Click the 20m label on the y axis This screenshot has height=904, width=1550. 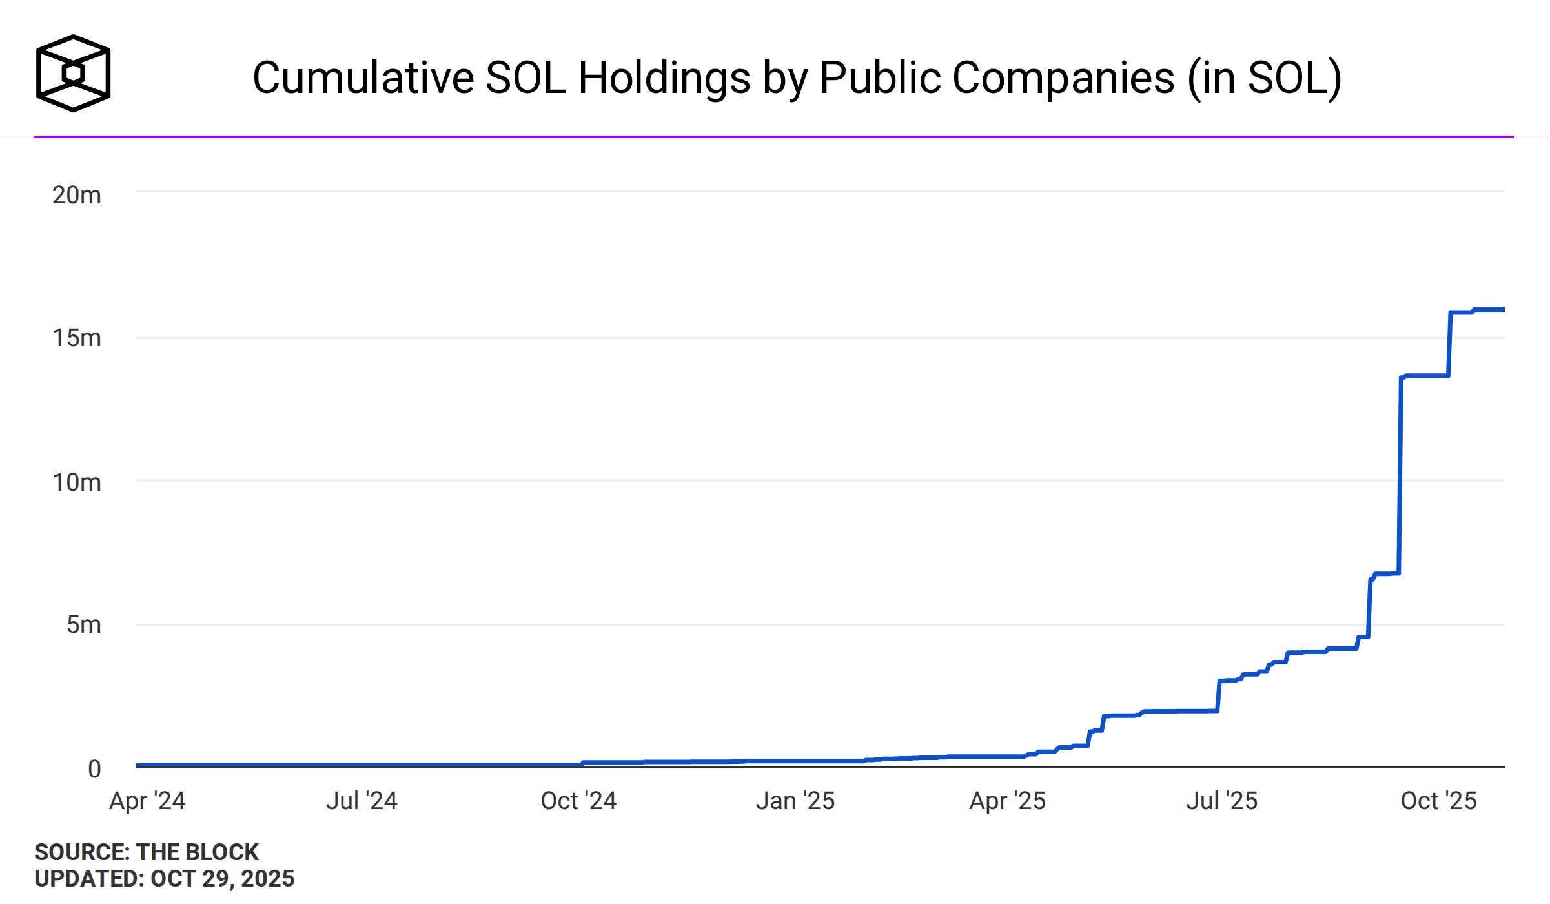point(76,195)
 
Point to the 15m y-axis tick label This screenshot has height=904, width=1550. point(76,338)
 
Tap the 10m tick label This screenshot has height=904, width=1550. point(76,482)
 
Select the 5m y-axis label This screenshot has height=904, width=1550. point(83,624)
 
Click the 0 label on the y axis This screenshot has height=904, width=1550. point(94,769)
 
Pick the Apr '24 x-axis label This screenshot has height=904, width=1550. point(147,801)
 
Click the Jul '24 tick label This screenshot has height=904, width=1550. point(362,801)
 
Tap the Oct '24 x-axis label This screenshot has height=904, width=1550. point(578,801)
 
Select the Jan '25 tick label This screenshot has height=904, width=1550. point(795,801)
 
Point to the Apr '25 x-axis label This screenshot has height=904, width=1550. point(1007,801)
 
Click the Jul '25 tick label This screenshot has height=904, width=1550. point(1221,801)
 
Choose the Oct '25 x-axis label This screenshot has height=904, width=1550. point(1438,801)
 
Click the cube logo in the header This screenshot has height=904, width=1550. point(73,73)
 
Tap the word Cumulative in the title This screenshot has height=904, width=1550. point(363,77)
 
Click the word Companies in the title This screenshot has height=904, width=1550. point(1063,77)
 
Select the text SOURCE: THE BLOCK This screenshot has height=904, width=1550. point(147,852)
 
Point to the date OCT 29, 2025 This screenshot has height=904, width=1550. point(222,879)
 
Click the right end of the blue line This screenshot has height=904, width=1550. point(1503,310)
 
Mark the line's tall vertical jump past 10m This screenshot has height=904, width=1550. point(1400,478)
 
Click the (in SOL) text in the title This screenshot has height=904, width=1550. point(1265,77)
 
